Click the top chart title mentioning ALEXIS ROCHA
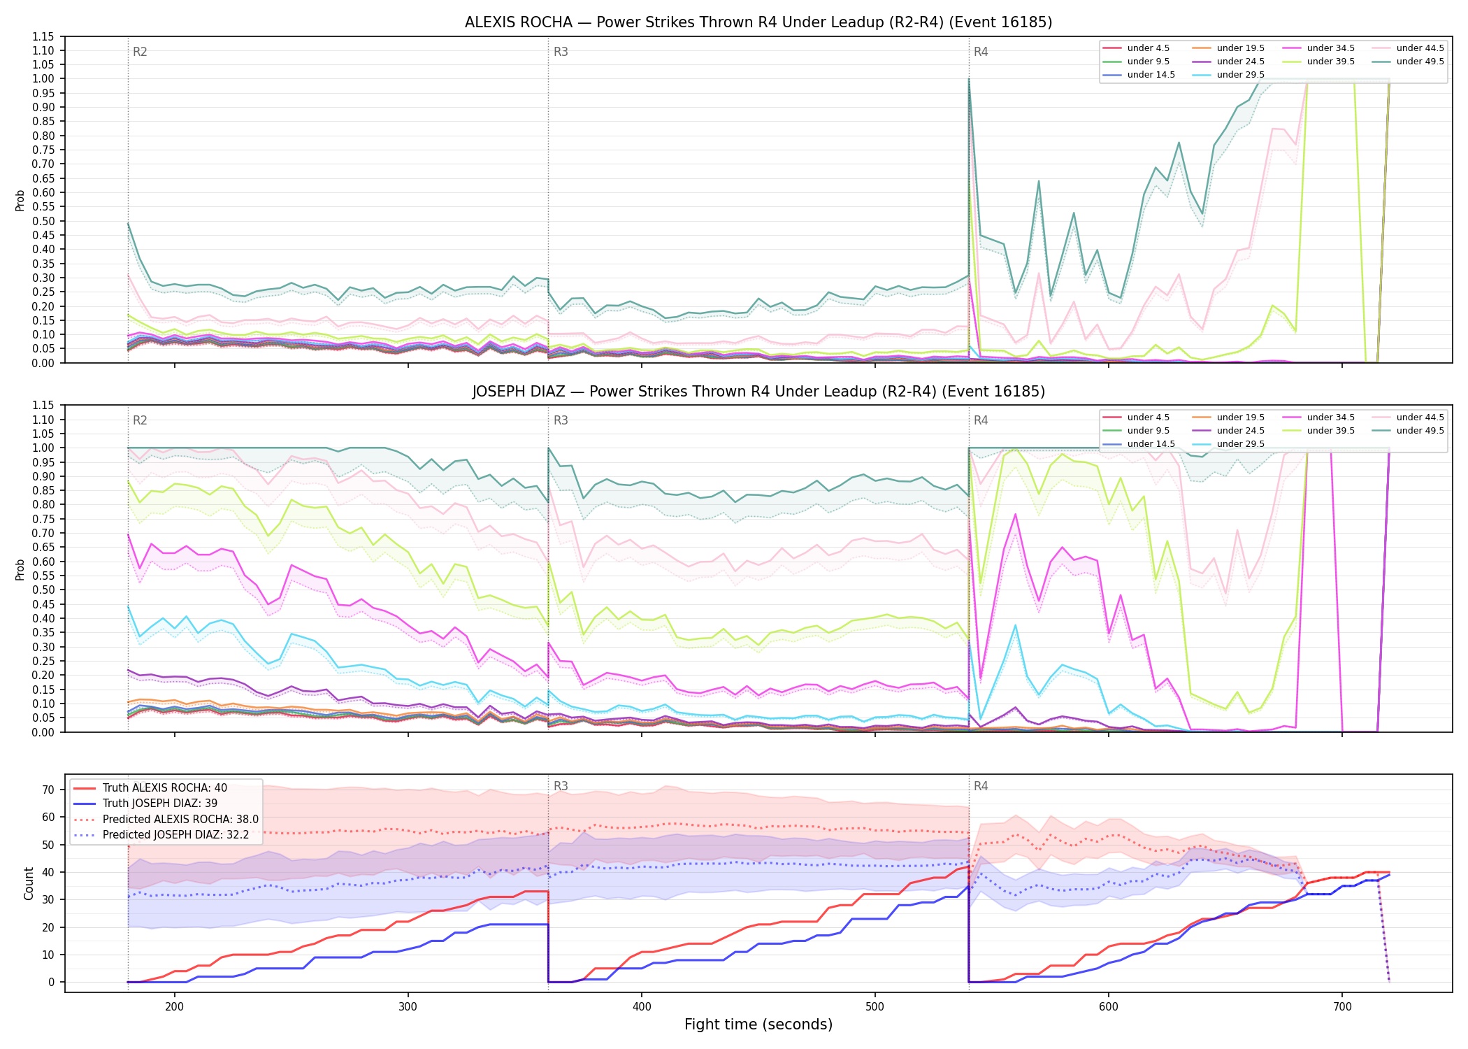coord(758,22)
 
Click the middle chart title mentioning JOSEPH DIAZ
coord(758,392)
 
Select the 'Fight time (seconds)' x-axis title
coord(758,1025)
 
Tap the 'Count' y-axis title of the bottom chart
coord(29,883)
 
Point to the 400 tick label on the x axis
coord(642,1006)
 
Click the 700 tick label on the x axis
coord(1342,1006)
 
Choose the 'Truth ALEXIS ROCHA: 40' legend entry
coord(165,788)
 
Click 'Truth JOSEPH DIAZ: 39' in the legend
coord(160,804)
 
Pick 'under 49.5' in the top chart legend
coord(1420,62)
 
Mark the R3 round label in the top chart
coord(561,52)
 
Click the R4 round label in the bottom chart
coord(981,786)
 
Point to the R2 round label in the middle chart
coord(140,420)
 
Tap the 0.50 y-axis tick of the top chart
coord(44,221)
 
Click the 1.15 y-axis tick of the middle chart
coord(44,406)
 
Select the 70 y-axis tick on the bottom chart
coord(48,790)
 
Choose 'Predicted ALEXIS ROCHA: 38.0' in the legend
coord(180,819)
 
